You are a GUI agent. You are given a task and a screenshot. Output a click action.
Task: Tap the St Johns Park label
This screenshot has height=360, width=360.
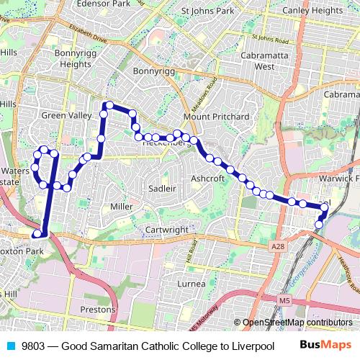point(208,11)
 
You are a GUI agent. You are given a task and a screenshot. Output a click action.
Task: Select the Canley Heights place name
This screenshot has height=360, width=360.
point(312,11)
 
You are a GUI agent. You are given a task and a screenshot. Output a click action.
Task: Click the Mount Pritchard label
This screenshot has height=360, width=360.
point(216,116)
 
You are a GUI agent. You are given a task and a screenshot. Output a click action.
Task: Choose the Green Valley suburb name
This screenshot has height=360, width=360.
point(67,115)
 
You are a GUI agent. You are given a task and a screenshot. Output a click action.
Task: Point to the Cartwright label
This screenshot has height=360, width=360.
point(166,230)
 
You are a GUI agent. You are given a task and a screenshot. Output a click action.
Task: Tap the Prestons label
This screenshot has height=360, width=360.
point(98,309)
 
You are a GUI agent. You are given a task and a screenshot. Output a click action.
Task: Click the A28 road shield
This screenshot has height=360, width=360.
point(278,246)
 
